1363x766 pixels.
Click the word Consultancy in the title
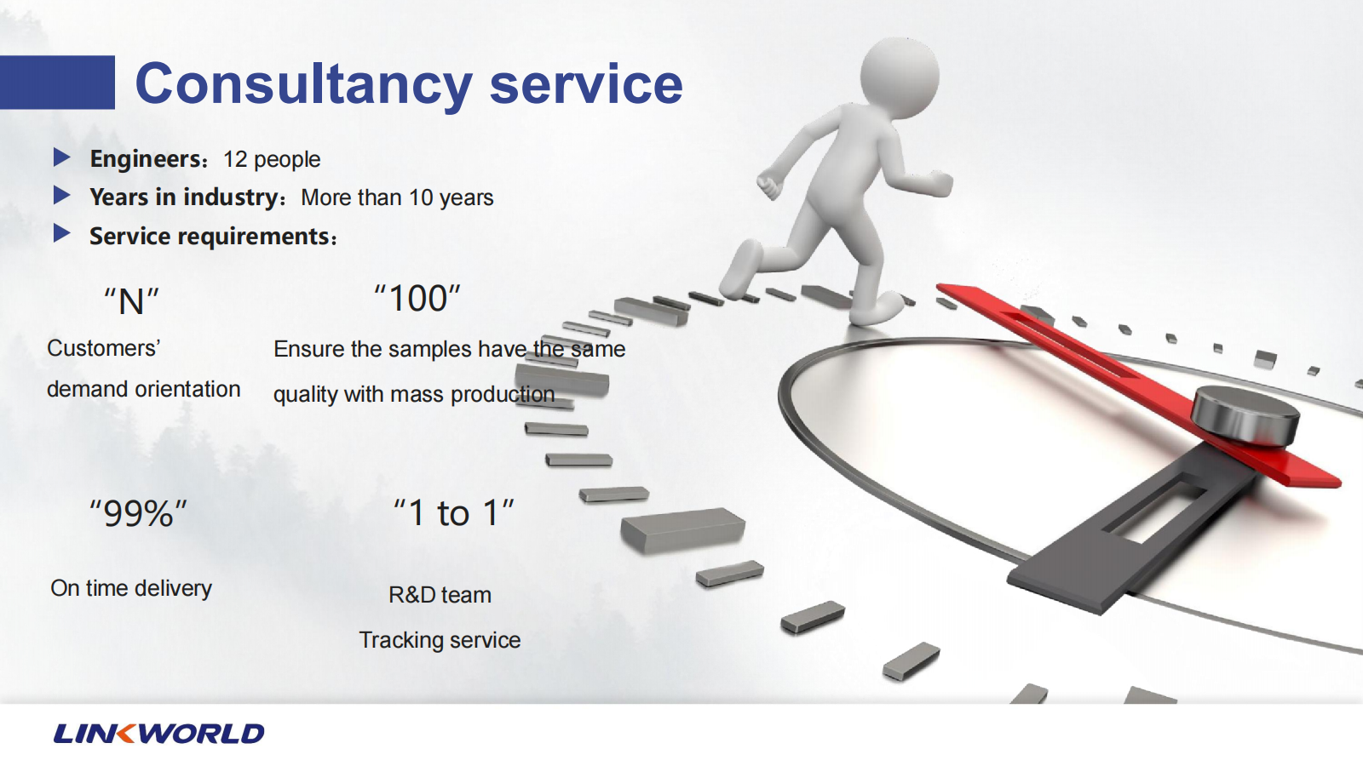303,84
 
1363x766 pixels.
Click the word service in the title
586,84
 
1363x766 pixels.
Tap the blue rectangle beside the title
57,82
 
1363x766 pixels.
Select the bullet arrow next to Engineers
61,157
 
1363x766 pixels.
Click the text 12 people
272,159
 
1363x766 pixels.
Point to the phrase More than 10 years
397,197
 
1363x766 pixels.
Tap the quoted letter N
131,301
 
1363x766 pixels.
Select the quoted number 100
417,299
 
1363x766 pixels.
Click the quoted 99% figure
138,513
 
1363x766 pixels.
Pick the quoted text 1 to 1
453,512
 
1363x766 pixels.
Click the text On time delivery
131,588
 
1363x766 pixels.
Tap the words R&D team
440,595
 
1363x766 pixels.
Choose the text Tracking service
440,640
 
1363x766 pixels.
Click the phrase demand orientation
144,389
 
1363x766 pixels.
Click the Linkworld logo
158,733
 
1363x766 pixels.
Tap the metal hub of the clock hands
1245,416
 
